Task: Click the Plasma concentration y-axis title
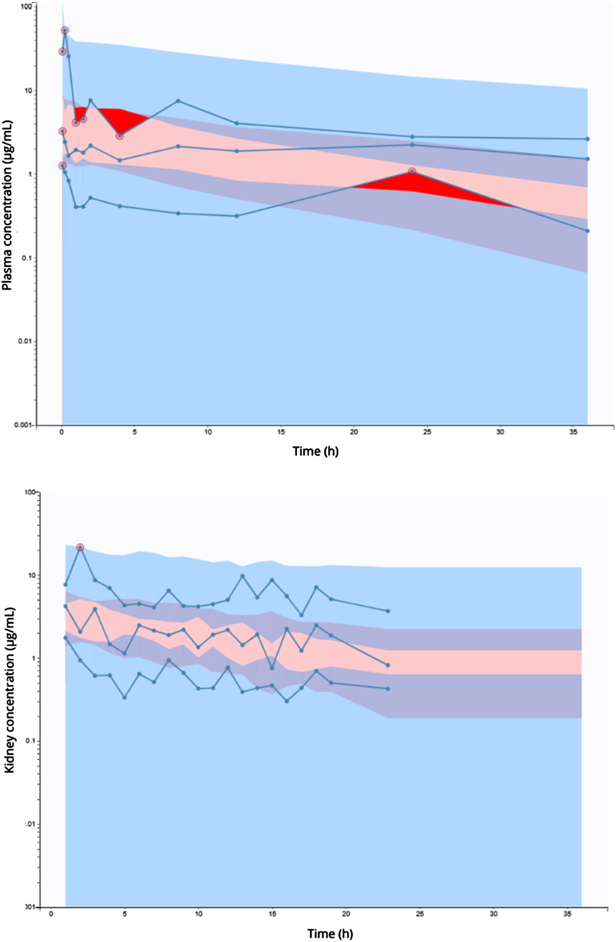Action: tap(7, 205)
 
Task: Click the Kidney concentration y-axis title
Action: tap(9, 690)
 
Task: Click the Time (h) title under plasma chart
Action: tap(315, 452)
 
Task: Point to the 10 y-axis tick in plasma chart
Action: tap(28, 90)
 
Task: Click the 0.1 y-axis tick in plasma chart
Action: tap(27, 258)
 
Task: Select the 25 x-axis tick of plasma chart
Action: tap(427, 432)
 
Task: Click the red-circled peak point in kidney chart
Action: tap(80, 547)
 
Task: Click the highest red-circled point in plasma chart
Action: tap(65, 31)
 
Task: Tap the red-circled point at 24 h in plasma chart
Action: tap(412, 172)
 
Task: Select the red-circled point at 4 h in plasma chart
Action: tap(120, 136)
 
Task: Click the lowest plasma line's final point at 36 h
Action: tap(587, 231)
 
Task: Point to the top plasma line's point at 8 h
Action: tap(178, 101)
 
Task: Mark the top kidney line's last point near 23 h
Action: tap(388, 611)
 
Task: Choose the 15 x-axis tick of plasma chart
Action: tap(281, 432)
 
